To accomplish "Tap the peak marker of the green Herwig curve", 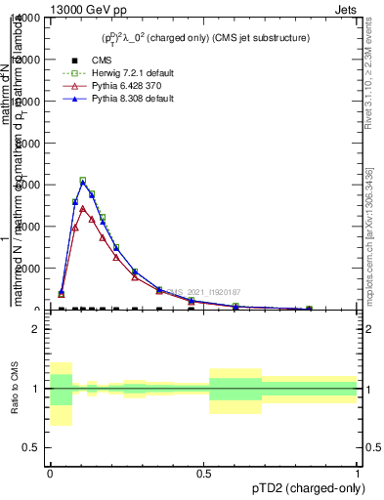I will (83, 181).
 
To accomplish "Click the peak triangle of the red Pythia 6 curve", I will (83, 209).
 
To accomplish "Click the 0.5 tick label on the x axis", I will (203, 473).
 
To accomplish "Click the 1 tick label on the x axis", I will (357, 473).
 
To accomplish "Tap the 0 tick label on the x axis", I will (50, 473).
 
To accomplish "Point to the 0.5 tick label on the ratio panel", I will (31, 447).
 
